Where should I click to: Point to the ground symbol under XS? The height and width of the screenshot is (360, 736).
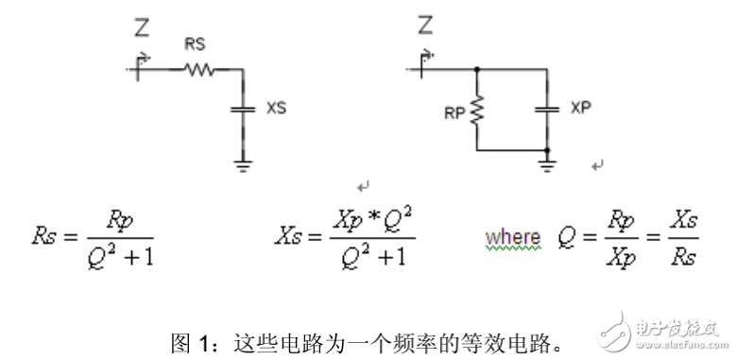click(x=243, y=165)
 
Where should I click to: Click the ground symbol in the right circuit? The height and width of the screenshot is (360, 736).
click(x=547, y=165)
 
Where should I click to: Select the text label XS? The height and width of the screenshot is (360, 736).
click(x=276, y=109)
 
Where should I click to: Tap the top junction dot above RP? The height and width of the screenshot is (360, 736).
click(x=478, y=68)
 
